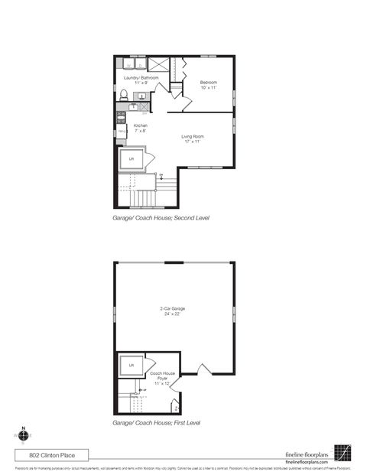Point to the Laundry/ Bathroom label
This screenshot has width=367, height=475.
click(x=141, y=80)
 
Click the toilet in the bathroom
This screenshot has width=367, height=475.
click(x=123, y=95)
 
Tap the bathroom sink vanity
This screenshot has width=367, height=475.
click(x=142, y=96)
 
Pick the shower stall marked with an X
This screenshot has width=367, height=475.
click(x=159, y=64)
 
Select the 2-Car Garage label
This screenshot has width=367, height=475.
click(x=173, y=311)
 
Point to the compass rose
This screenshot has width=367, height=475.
click(x=24, y=434)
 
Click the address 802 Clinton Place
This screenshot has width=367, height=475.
click(x=47, y=455)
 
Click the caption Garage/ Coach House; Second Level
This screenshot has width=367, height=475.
click(x=161, y=218)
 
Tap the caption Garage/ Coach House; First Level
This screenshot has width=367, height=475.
click(x=157, y=422)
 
